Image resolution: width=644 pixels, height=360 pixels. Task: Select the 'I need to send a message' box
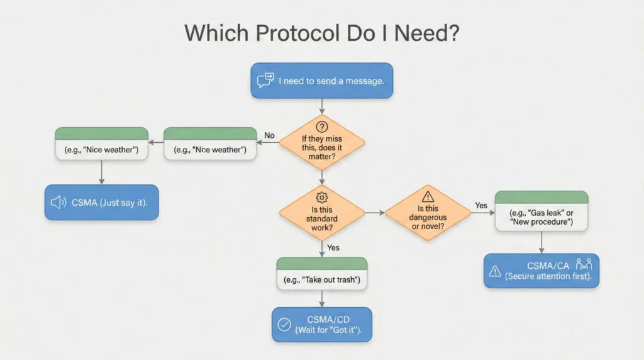[321, 81]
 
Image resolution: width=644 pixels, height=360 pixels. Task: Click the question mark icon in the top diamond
[322, 127]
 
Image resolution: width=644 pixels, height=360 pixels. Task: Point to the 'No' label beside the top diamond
[270, 135]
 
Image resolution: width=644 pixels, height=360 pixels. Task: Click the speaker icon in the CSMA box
[58, 202]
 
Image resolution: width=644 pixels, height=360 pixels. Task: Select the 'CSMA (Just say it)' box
[101, 202]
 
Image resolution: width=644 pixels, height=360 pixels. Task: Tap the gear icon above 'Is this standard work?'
[322, 197]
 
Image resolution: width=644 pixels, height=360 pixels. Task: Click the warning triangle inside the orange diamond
[428, 196]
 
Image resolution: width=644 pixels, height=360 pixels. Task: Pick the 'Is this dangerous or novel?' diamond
[428, 213]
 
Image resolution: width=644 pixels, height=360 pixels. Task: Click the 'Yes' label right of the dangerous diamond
[481, 205]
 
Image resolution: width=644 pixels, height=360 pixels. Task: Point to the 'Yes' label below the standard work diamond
[333, 247]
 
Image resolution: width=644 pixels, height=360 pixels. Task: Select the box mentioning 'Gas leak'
[541, 211]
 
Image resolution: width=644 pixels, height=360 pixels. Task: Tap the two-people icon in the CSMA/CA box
[584, 264]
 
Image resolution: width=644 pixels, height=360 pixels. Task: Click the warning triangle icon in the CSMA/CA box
[496, 271]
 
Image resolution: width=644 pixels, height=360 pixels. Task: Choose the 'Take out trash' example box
[321, 273]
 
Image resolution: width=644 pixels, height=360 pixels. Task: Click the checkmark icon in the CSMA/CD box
[284, 325]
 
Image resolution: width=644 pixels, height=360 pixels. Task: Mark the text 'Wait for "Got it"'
[328, 331]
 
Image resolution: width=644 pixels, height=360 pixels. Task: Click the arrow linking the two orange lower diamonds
[374, 213]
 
